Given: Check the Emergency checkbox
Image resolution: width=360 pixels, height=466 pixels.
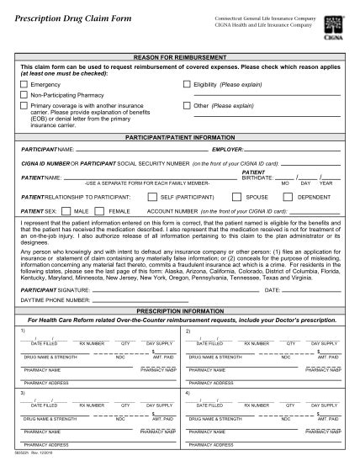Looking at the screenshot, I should pos(24,85).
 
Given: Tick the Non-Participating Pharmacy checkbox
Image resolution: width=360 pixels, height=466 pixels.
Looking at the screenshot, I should pos(24,96).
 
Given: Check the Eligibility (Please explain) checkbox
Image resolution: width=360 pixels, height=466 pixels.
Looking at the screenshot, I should pos(187,85).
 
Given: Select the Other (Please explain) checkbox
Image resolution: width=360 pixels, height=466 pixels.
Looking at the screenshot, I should pos(187,106).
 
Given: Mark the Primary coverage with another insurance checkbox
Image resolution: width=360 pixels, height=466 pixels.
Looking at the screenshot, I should pos(24,107).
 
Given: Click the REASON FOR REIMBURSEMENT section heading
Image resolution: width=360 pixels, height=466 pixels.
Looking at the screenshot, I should pos(180,56).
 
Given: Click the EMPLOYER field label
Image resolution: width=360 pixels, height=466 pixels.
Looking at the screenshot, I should pos(204,149).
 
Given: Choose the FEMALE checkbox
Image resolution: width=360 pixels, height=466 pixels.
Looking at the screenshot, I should pos(103,212).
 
